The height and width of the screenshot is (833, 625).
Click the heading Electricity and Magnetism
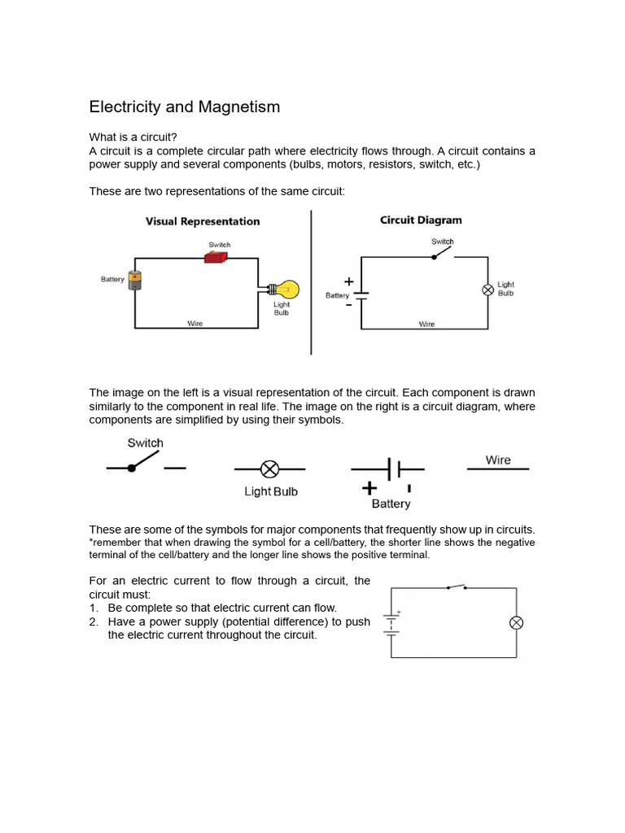click(184, 107)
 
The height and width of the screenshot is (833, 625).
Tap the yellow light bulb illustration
click(288, 289)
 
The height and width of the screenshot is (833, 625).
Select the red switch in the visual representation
click(216, 257)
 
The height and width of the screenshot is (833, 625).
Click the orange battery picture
click(135, 279)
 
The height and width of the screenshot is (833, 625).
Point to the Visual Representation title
click(203, 221)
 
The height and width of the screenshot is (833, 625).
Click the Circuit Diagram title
click(421, 220)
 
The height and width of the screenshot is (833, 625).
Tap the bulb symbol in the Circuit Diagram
click(487, 290)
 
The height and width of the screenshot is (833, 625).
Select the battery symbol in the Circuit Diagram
click(361, 294)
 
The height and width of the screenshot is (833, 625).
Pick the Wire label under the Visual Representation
click(195, 323)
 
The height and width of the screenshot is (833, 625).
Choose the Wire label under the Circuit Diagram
click(426, 324)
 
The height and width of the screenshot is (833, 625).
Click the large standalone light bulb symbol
click(269, 469)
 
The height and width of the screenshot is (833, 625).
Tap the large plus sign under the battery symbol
click(369, 488)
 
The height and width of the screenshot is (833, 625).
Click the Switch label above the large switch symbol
click(145, 443)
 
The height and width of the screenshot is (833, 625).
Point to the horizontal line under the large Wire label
click(497, 469)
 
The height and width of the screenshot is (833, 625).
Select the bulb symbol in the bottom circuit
click(516, 622)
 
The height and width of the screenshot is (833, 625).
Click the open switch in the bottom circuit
click(456, 587)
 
